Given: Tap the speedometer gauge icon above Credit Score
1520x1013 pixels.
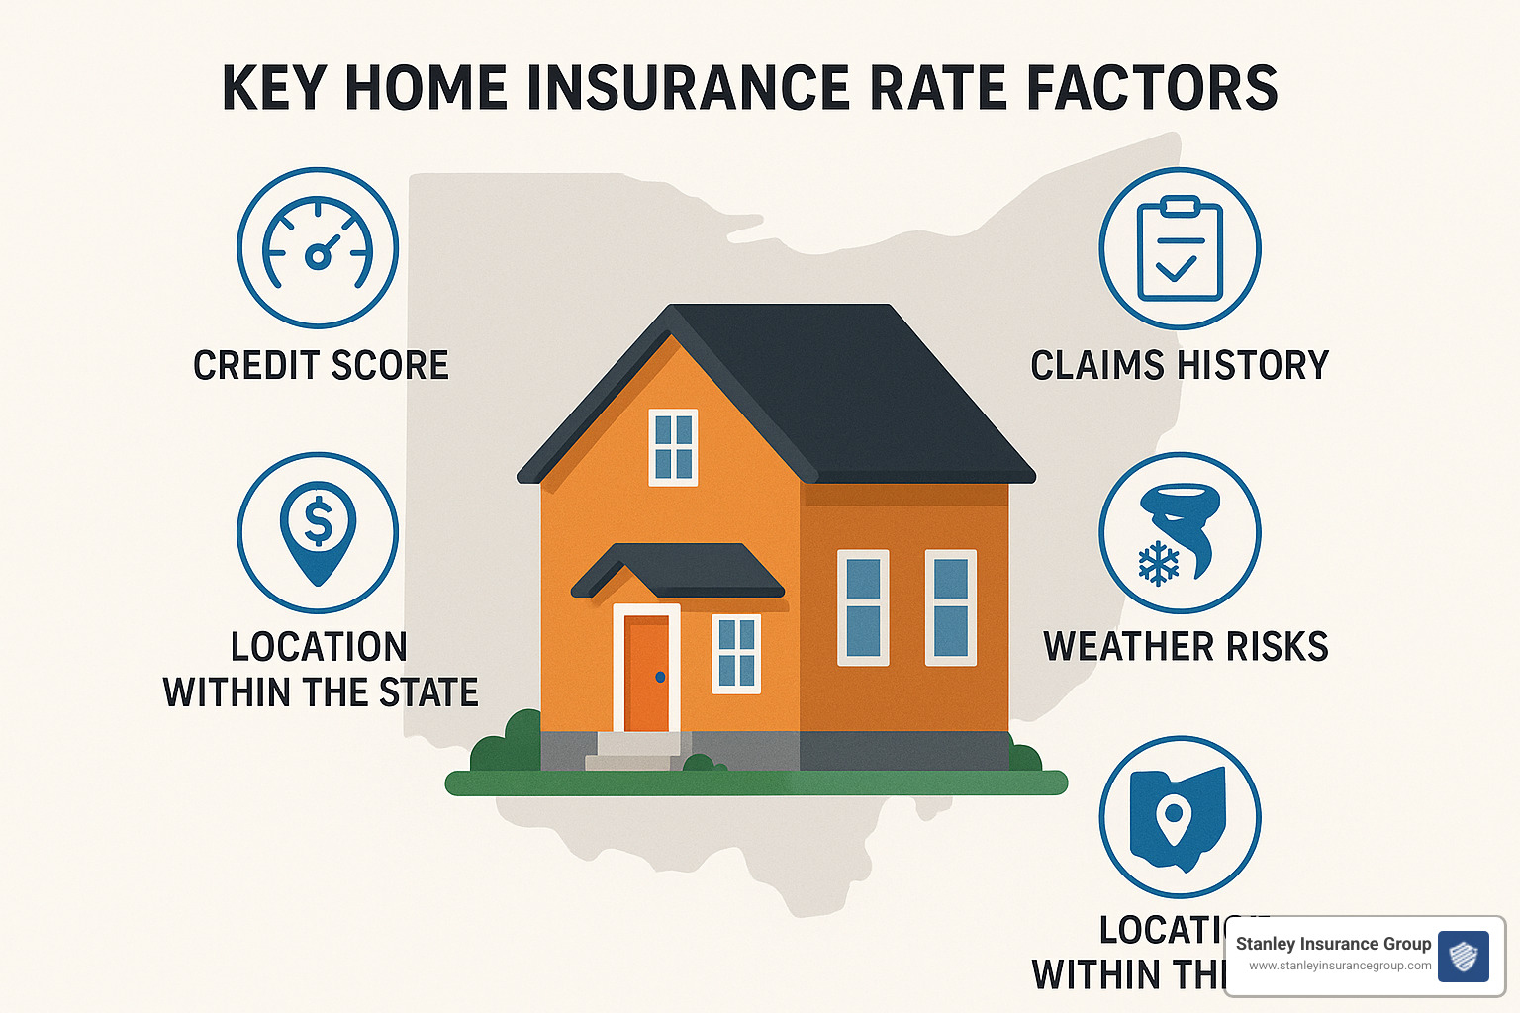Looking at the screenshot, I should click(x=318, y=247).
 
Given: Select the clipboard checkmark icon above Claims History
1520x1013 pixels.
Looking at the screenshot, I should click(x=1180, y=247).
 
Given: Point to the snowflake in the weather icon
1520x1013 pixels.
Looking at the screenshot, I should click(x=1159, y=564).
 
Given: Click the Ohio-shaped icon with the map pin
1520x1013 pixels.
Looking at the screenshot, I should click(x=1180, y=817).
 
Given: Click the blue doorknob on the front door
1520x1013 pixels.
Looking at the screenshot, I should click(x=661, y=678).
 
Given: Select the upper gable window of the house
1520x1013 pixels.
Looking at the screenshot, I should click(x=673, y=447).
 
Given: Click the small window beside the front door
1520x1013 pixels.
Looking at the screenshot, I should click(x=736, y=653).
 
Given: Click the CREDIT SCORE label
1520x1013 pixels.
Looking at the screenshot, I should click(x=321, y=366).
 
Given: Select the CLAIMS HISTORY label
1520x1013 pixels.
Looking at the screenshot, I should click(x=1180, y=366).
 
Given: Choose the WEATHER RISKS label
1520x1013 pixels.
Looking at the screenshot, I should click(x=1186, y=647).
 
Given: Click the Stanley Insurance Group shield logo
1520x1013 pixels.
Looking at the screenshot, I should click(x=1463, y=956).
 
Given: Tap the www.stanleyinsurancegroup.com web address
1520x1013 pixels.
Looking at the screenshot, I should click(x=1340, y=967).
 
